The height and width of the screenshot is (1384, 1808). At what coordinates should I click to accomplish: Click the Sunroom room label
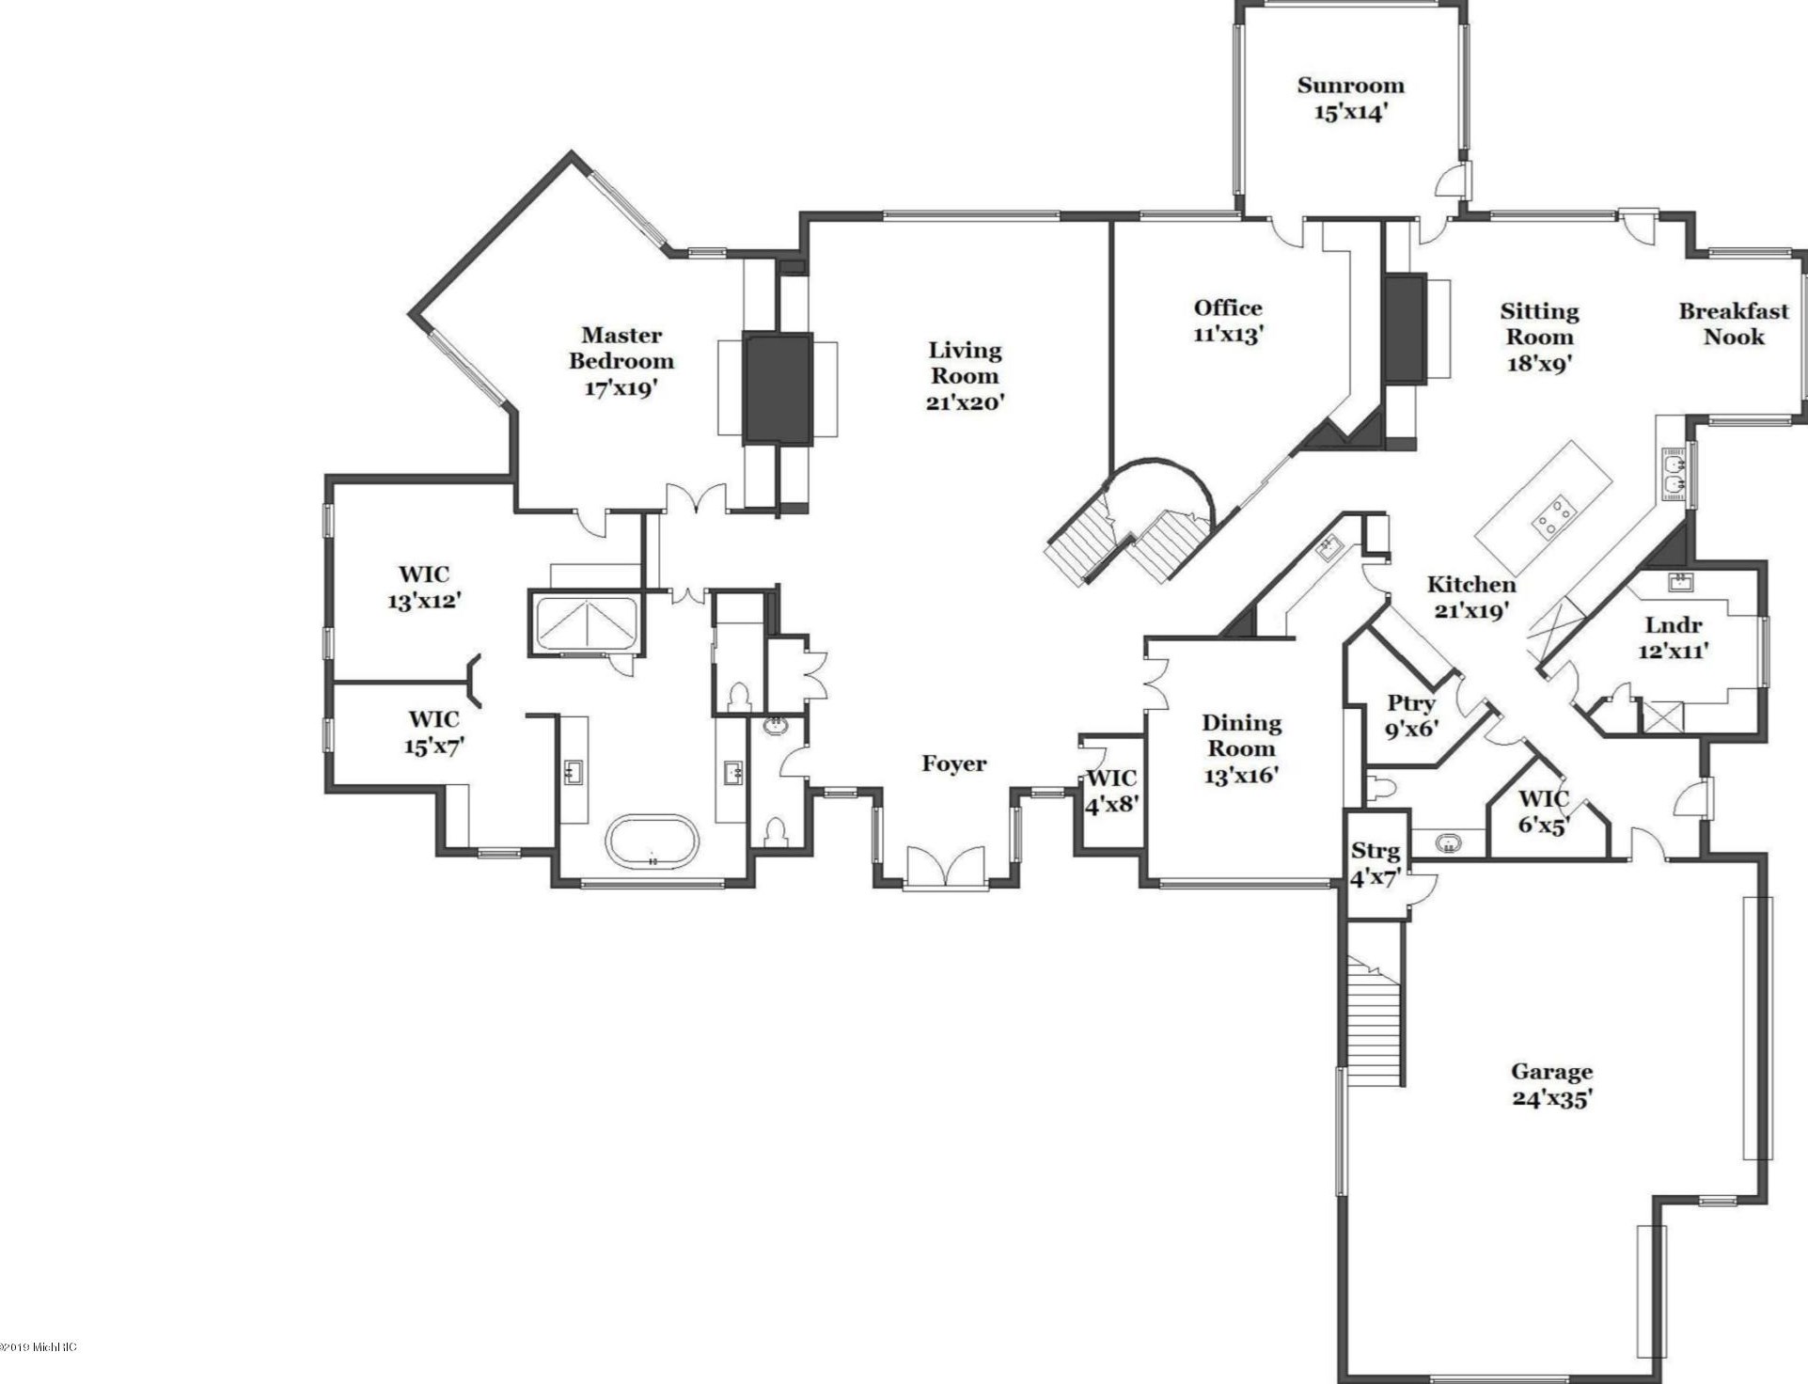[1350, 99]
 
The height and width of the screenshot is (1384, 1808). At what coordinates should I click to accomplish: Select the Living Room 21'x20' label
[966, 376]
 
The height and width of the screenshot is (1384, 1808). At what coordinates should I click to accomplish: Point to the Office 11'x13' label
[1228, 321]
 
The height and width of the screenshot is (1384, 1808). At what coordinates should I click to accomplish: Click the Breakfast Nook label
[1734, 323]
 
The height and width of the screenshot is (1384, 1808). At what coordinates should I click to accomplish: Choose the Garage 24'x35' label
[1552, 1085]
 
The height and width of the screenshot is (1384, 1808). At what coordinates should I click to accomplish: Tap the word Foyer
[954, 763]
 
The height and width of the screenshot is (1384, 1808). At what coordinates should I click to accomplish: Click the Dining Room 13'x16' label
[1241, 748]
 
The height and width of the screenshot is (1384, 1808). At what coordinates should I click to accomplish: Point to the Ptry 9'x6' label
[1411, 716]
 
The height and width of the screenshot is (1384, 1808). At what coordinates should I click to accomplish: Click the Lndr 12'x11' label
[1674, 637]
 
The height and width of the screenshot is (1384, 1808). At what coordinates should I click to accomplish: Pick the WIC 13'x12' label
[424, 587]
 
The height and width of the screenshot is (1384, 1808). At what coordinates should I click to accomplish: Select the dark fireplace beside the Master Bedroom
[778, 388]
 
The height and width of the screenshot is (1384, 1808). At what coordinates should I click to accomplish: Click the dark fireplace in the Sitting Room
[1406, 327]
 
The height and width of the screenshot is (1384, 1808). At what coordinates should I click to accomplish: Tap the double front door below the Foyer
[946, 866]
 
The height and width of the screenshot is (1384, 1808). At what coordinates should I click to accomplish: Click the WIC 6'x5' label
[1544, 812]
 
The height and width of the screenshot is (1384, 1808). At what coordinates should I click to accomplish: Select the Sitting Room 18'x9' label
[1539, 337]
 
